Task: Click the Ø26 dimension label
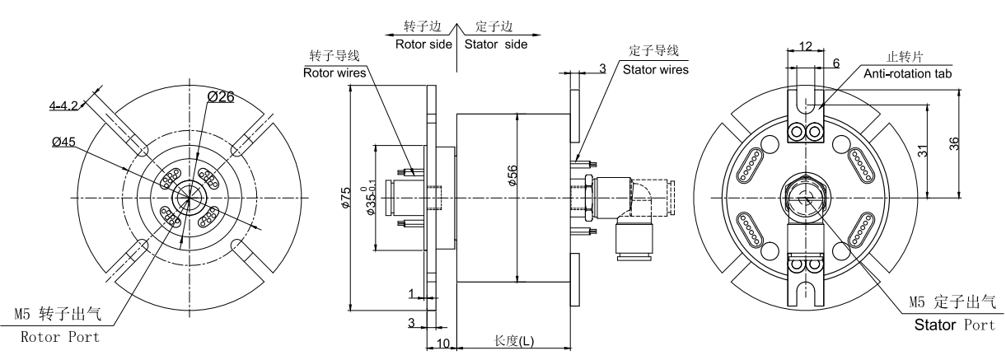click(x=221, y=98)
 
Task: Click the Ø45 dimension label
click(x=64, y=142)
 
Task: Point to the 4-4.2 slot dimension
click(x=63, y=105)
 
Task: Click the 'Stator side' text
click(x=495, y=44)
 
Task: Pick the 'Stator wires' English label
click(x=656, y=69)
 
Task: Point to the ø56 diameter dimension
click(x=512, y=174)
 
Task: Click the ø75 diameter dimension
click(x=346, y=197)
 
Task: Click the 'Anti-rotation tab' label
click(x=907, y=74)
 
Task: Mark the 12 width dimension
click(x=806, y=45)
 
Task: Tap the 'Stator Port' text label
click(x=955, y=325)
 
